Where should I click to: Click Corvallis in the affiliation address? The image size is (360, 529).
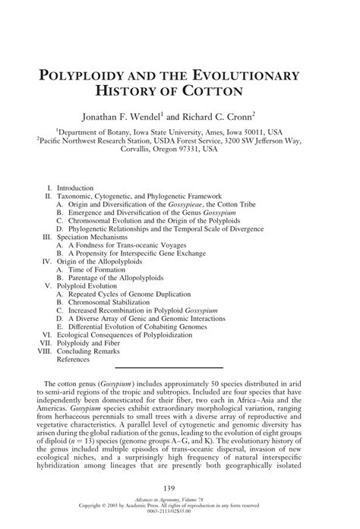(x=139, y=150)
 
